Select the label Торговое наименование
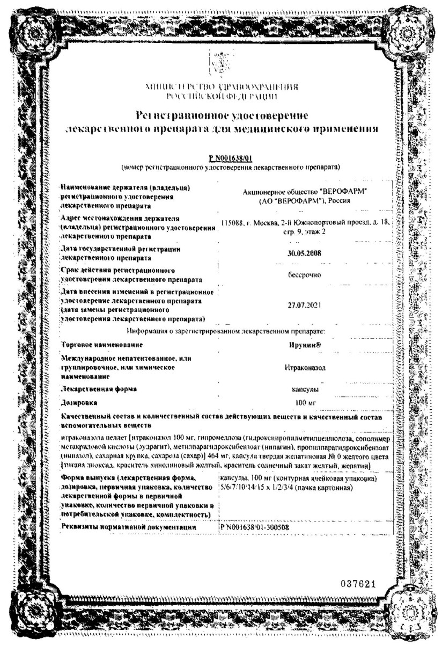pos(101,344)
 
